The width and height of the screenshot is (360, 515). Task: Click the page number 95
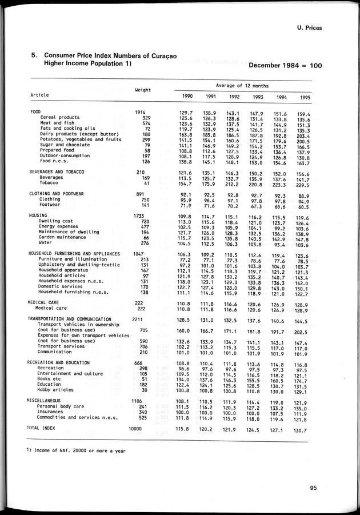(314, 487)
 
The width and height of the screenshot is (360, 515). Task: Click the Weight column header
(142, 90)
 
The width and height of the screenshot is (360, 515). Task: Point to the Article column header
(39, 95)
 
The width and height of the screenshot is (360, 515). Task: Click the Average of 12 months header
(243, 85)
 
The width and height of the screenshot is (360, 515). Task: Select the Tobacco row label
(50, 183)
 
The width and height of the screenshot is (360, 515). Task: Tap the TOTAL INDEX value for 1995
(302, 430)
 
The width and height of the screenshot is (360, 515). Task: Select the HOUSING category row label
(39, 215)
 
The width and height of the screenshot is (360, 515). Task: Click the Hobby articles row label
(55, 390)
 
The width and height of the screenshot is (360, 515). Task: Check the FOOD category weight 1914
(142, 112)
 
